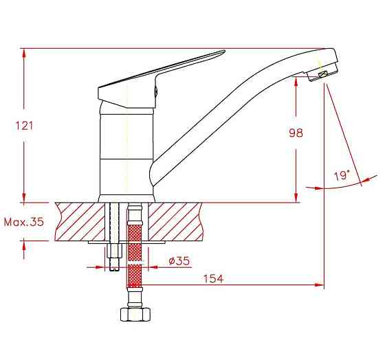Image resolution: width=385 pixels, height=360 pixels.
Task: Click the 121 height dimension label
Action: point(24,126)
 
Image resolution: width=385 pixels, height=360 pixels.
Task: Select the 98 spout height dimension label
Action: point(296,133)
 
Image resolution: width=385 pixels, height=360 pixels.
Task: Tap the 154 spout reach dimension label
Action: point(214,279)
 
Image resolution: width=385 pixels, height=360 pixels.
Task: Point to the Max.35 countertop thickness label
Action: point(24,222)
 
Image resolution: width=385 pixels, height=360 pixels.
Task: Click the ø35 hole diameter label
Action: point(179,260)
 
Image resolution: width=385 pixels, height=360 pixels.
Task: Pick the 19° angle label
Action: point(342,176)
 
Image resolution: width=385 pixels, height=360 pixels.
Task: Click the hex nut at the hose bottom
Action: point(135,314)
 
